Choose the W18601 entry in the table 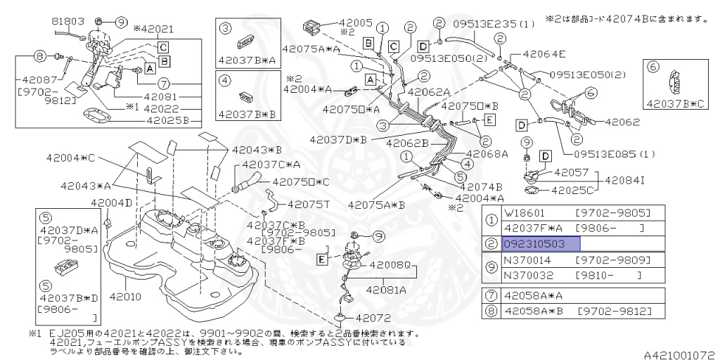point(525,212)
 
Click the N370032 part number point(527,276)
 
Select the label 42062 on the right point(622,122)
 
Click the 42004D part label point(111,203)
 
